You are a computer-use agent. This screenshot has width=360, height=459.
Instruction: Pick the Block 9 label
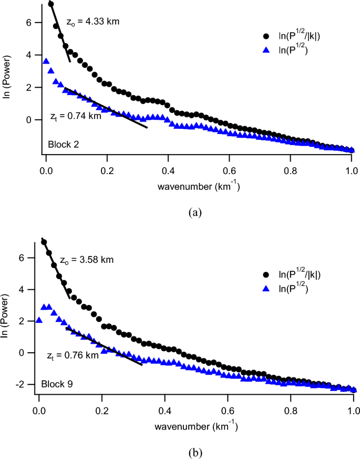[57, 384]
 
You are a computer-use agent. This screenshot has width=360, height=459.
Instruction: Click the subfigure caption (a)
[195, 212]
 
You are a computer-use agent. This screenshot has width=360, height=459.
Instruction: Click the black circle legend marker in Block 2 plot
[267, 36]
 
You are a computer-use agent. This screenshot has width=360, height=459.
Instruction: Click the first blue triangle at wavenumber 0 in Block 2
[46, 62]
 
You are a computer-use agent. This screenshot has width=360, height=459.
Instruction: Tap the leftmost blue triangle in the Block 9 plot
[39, 320]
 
